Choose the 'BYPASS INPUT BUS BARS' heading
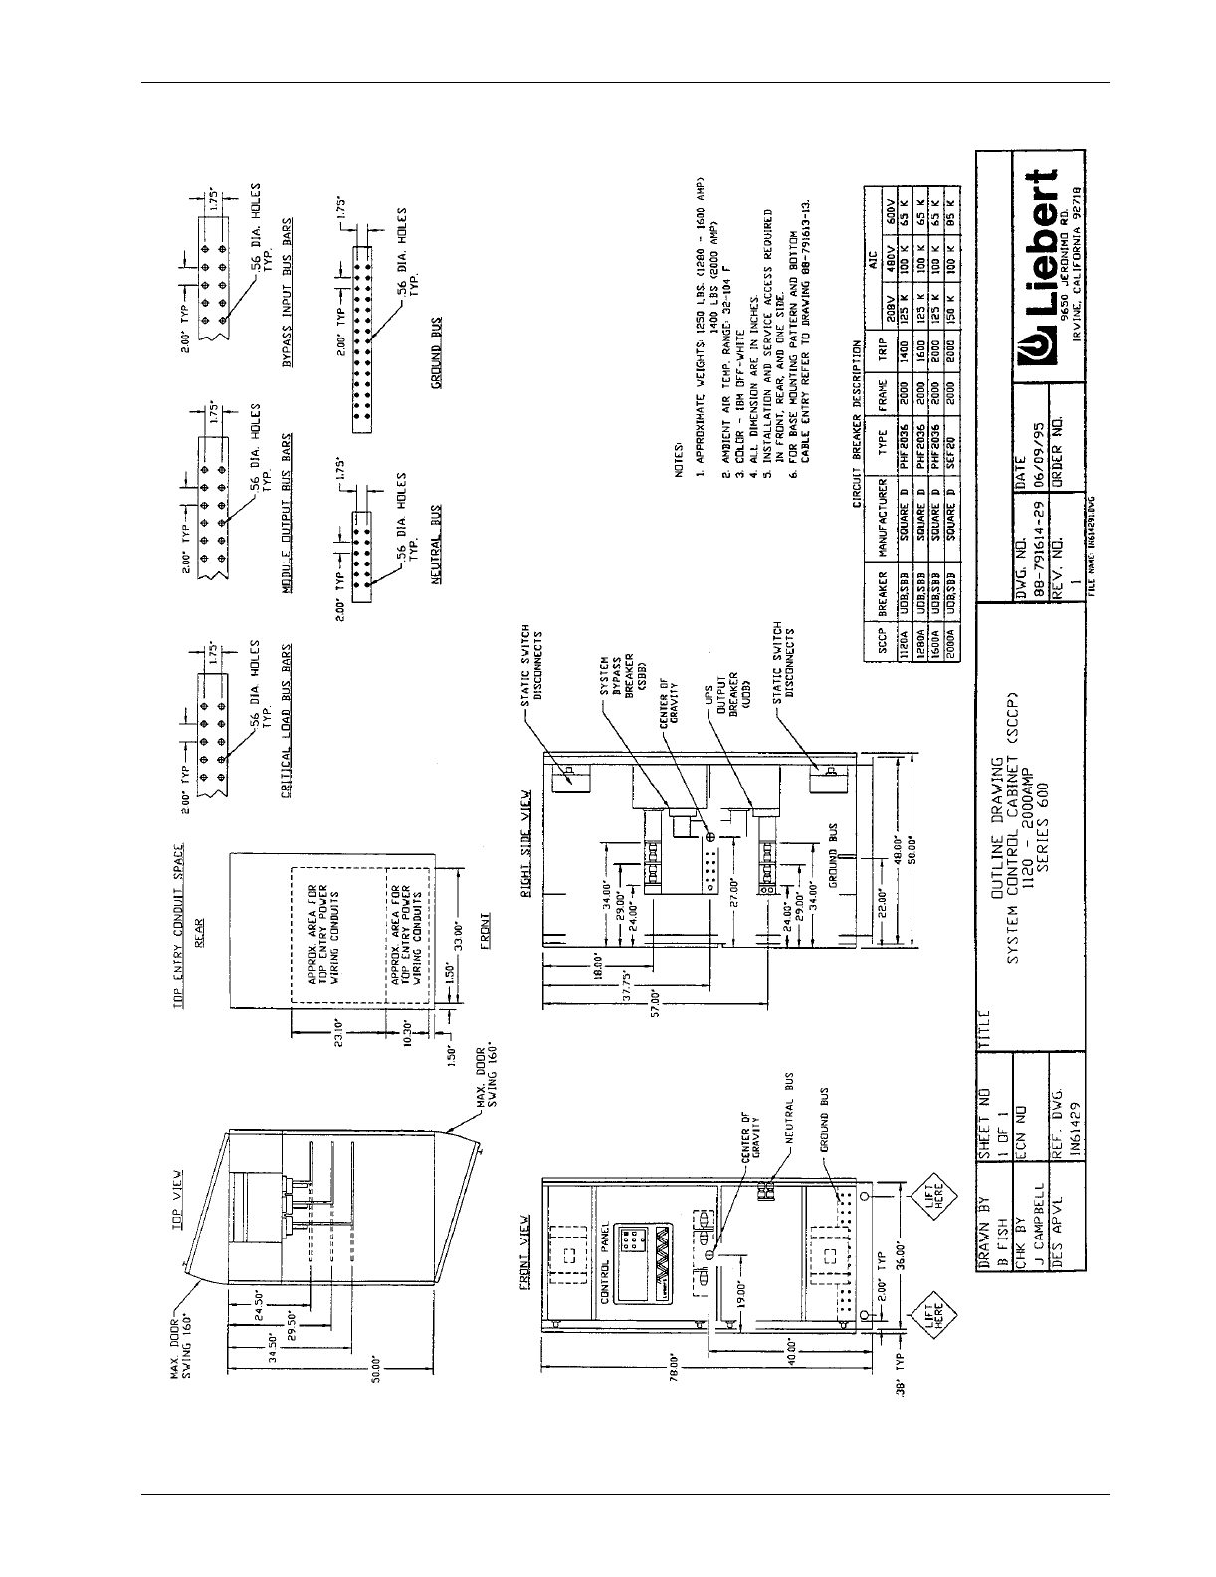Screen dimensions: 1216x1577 286,298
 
